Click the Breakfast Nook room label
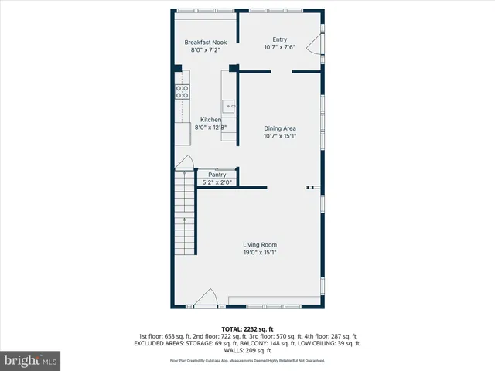tap(206, 43)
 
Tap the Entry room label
tap(279, 39)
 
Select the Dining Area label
tap(279, 128)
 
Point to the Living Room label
tap(260, 244)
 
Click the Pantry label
tap(217, 175)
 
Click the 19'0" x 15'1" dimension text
tap(260, 252)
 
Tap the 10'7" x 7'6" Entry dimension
tap(279, 47)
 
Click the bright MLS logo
tap(31, 360)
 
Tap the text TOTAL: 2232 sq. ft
tap(247, 328)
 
